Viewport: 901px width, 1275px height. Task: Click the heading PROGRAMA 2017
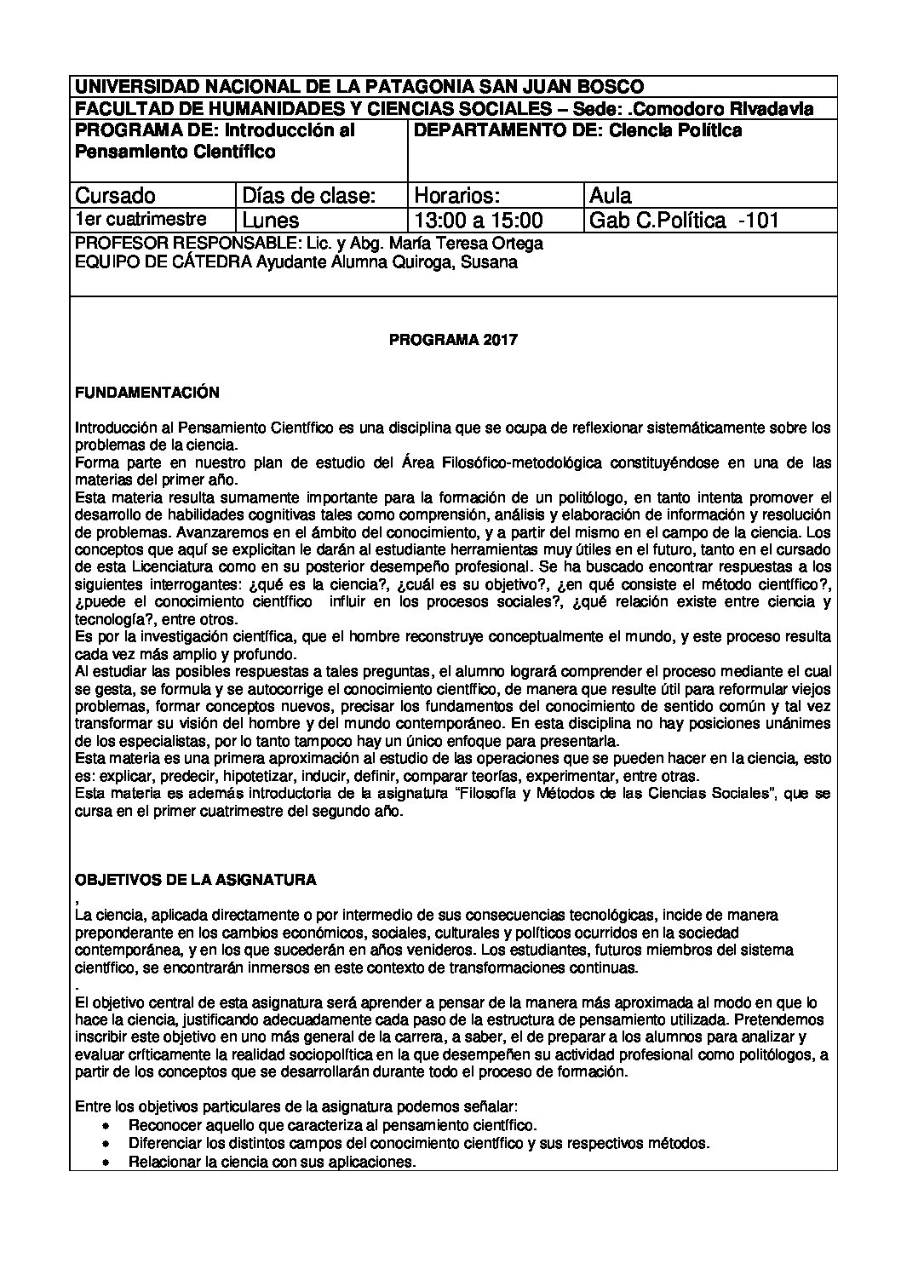point(453,340)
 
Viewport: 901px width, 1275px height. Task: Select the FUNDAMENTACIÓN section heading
point(147,393)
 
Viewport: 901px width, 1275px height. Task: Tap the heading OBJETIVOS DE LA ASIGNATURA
point(196,878)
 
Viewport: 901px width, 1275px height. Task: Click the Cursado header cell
point(116,195)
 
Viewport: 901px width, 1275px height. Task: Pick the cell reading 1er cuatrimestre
point(141,219)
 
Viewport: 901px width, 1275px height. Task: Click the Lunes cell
point(271,221)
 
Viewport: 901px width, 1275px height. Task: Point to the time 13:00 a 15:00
point(478,221)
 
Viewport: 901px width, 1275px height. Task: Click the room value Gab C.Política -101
point(684,221)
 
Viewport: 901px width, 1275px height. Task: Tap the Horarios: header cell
point(456,195)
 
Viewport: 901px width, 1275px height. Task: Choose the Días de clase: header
point(309,195)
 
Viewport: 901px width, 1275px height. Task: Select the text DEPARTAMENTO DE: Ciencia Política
point(577,130)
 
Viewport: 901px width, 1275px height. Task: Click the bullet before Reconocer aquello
point(106,1125)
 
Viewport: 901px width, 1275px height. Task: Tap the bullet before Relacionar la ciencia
point(106,1162)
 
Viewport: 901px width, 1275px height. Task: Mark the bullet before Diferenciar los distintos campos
point(106,1143)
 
